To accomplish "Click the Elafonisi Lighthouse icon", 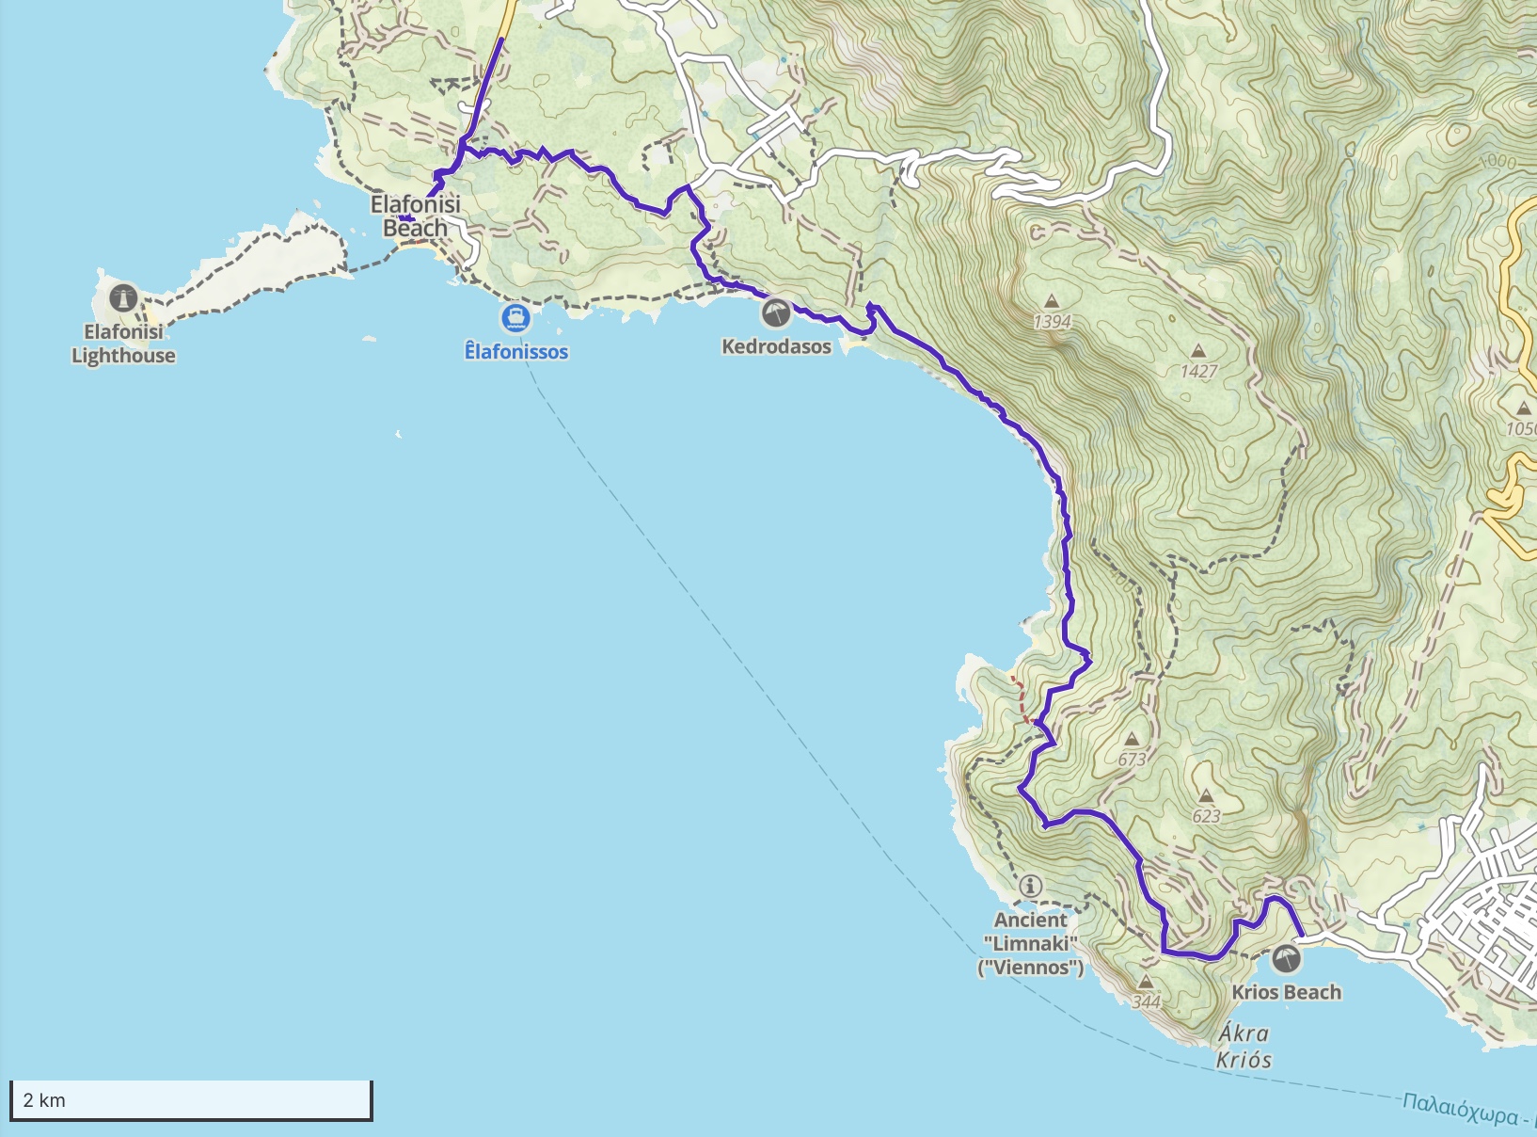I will tap(123, 299).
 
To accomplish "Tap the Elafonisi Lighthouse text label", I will tap(123, 344).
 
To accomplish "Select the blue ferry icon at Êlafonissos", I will tap(515, 317).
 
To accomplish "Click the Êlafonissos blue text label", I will tap(516, 352).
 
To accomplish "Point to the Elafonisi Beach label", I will tap(415, 216).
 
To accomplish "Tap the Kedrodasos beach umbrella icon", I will tap(776, 312).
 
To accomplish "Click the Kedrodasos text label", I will tap(776, 346).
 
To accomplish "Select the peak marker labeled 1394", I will tap(1052, 302).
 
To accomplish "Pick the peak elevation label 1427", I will tap(1198, 371).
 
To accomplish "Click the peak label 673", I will tap(1132, 759).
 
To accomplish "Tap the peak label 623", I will tap(1206, 816).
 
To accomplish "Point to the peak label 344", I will tap(1146, 1001).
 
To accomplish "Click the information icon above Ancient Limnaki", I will tap(1031, 886).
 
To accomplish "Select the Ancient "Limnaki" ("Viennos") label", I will tap(1031, 943).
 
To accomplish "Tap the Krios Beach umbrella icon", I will tap(1286, 959).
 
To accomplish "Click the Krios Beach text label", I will tap(1286, 992).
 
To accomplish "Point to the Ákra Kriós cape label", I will tap(1244, 1047).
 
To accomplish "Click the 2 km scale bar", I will tap(191, 1100).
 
